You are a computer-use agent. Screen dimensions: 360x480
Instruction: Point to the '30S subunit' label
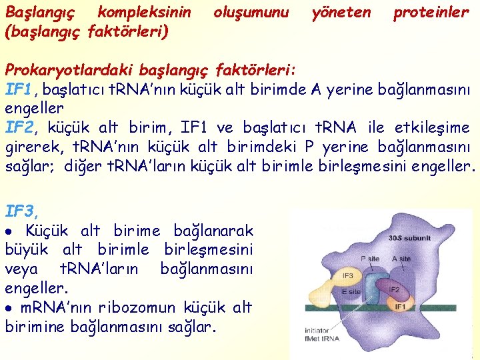[409, 237]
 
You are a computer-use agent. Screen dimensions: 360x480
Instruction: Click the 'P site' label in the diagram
[370, 259]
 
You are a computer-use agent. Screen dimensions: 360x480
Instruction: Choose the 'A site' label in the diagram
[401, 259]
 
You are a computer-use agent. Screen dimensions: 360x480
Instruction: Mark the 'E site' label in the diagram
[351, 291]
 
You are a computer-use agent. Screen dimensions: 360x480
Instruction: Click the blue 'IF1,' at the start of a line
[19, 89]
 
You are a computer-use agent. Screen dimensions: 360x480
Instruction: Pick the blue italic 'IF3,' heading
[21, 212]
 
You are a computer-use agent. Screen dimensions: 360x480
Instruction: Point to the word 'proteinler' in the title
[431, 12]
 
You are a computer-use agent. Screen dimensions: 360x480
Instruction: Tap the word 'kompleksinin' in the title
[144, 12]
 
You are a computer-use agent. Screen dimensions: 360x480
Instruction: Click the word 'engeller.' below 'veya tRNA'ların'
[37, 289]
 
